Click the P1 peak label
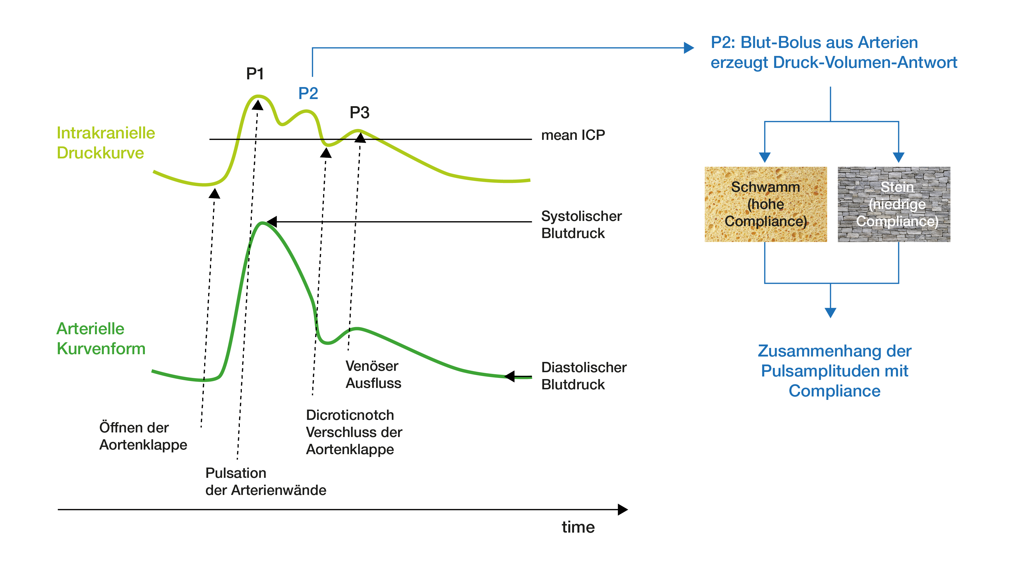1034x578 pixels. coord(255,74)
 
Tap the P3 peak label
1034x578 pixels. coord(359,112)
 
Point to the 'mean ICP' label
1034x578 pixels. coord(573,135)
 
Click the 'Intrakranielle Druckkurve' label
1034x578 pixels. coord(106,143)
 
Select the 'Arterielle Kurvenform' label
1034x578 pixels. coord(101,339)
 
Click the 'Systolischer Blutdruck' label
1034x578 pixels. coord(581,225)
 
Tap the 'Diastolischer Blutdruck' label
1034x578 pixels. coord(584,376)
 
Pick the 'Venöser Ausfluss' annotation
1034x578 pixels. coord(373,374)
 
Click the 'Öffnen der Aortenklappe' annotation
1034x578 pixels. coord(143,436)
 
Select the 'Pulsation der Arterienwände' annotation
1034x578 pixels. coord(266,481)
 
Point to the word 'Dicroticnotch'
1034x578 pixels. coord(350,415)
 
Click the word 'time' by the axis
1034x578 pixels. coord(578,527)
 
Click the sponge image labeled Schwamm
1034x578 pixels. coord(765,204)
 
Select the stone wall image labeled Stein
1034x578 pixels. coord(894,204)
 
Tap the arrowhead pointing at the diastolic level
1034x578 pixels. coord(509,376)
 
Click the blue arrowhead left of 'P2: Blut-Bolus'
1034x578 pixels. coord(689,48)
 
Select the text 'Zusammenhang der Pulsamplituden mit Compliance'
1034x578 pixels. coord(834,371)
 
